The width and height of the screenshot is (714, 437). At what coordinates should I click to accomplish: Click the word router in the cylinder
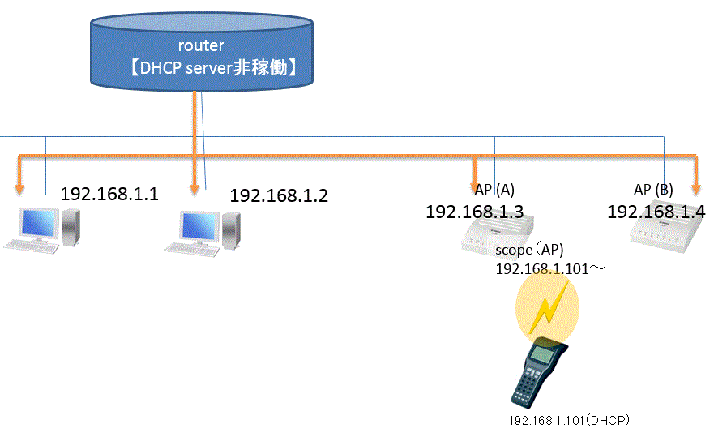click(x=200, y=45)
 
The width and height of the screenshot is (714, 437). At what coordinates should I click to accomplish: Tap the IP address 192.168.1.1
click(x=109, y=195)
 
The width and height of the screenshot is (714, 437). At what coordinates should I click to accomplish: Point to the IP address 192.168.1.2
click(x=279, y=195)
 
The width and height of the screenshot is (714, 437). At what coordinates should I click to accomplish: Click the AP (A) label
click(x=494, y=190)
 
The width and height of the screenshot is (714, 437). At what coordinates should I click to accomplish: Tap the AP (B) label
click(x=653, y=190)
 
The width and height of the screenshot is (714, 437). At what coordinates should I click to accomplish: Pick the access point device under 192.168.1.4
click(x=664, y=234)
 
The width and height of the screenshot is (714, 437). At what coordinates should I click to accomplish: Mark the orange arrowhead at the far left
click(x=20, y=187)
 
